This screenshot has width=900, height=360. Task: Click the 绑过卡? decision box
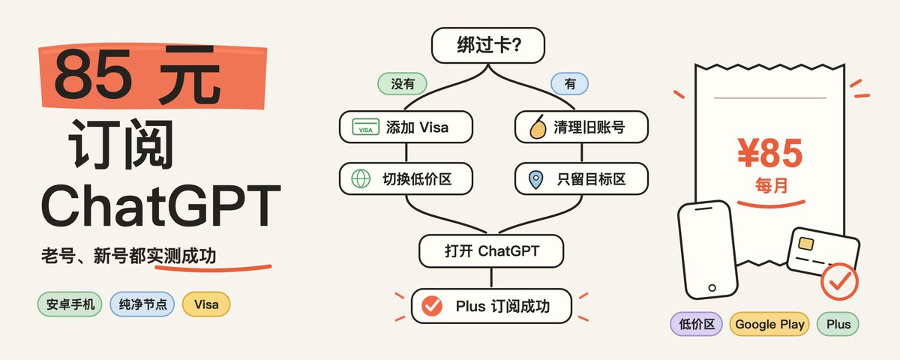pos(487,46)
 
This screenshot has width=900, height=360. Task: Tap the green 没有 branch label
pos(402,84)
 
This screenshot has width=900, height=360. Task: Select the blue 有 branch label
pos(569,84)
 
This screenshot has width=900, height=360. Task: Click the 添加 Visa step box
pos(406,127)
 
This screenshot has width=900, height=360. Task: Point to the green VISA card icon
pos(365,127)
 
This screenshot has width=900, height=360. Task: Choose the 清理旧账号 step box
pos(581,127)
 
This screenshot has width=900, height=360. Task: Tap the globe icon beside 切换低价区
pos(361,178)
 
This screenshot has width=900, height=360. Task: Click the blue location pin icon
pos(536,179)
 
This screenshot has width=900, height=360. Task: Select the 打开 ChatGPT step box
pos(491,251)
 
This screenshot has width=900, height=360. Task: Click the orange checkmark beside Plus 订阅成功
pos(432,306)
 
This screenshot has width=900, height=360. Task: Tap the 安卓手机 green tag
pos(70,304)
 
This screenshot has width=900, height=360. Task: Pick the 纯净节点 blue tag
pos(142,304)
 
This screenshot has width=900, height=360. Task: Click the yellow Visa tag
pos(206,304)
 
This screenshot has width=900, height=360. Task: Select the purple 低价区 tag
pos(696,324)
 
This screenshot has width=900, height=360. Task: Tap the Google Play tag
pos(769,324)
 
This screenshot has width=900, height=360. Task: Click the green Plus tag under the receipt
pos(838,324)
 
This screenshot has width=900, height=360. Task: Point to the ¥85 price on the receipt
pos(769,153)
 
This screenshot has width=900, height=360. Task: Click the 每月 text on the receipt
pos(771,186)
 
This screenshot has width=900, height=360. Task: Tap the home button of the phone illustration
pos(712,288)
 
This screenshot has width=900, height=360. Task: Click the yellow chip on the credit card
pos(806,244)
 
